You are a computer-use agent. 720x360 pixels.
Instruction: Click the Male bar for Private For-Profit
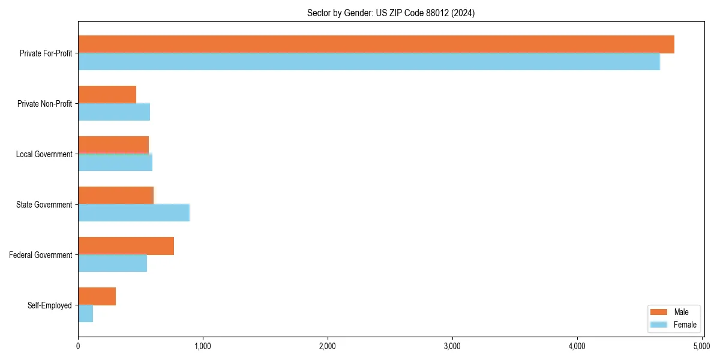[376, 44]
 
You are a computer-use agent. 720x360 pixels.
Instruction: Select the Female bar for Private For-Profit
[369, 62]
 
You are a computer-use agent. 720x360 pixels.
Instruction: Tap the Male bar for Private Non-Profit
[107, 95]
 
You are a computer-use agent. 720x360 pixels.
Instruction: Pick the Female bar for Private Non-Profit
[114, 112]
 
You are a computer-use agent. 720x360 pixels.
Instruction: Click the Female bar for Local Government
[115, 163]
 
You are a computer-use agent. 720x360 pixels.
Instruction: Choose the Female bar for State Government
[134, 213]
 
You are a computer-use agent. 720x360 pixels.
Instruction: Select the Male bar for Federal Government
[126, 246]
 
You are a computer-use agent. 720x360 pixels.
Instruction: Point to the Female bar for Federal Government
[113, 263]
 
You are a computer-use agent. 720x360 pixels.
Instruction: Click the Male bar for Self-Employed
[97, 296]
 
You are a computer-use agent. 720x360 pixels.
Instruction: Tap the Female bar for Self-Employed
[86, 314]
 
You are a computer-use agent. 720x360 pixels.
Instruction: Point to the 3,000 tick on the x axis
[452, 340]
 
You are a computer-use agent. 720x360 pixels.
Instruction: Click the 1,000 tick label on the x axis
[203, 347]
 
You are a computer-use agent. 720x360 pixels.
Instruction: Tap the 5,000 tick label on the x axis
[702, 347]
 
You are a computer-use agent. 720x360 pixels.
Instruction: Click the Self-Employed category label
[50, 305]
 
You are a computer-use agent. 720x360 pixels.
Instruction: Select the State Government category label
[44, 205]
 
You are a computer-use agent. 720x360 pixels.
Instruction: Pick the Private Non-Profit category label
[45, 104]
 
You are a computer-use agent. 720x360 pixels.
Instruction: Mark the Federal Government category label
[41, 255]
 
